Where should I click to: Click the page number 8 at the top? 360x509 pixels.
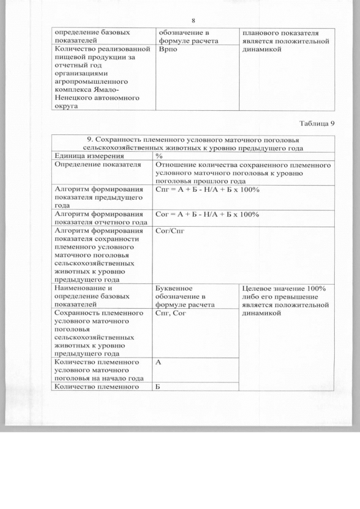tap(193, 21)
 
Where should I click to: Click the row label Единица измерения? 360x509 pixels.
tap(83, 156)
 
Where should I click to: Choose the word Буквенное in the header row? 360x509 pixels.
tap(174, 289)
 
